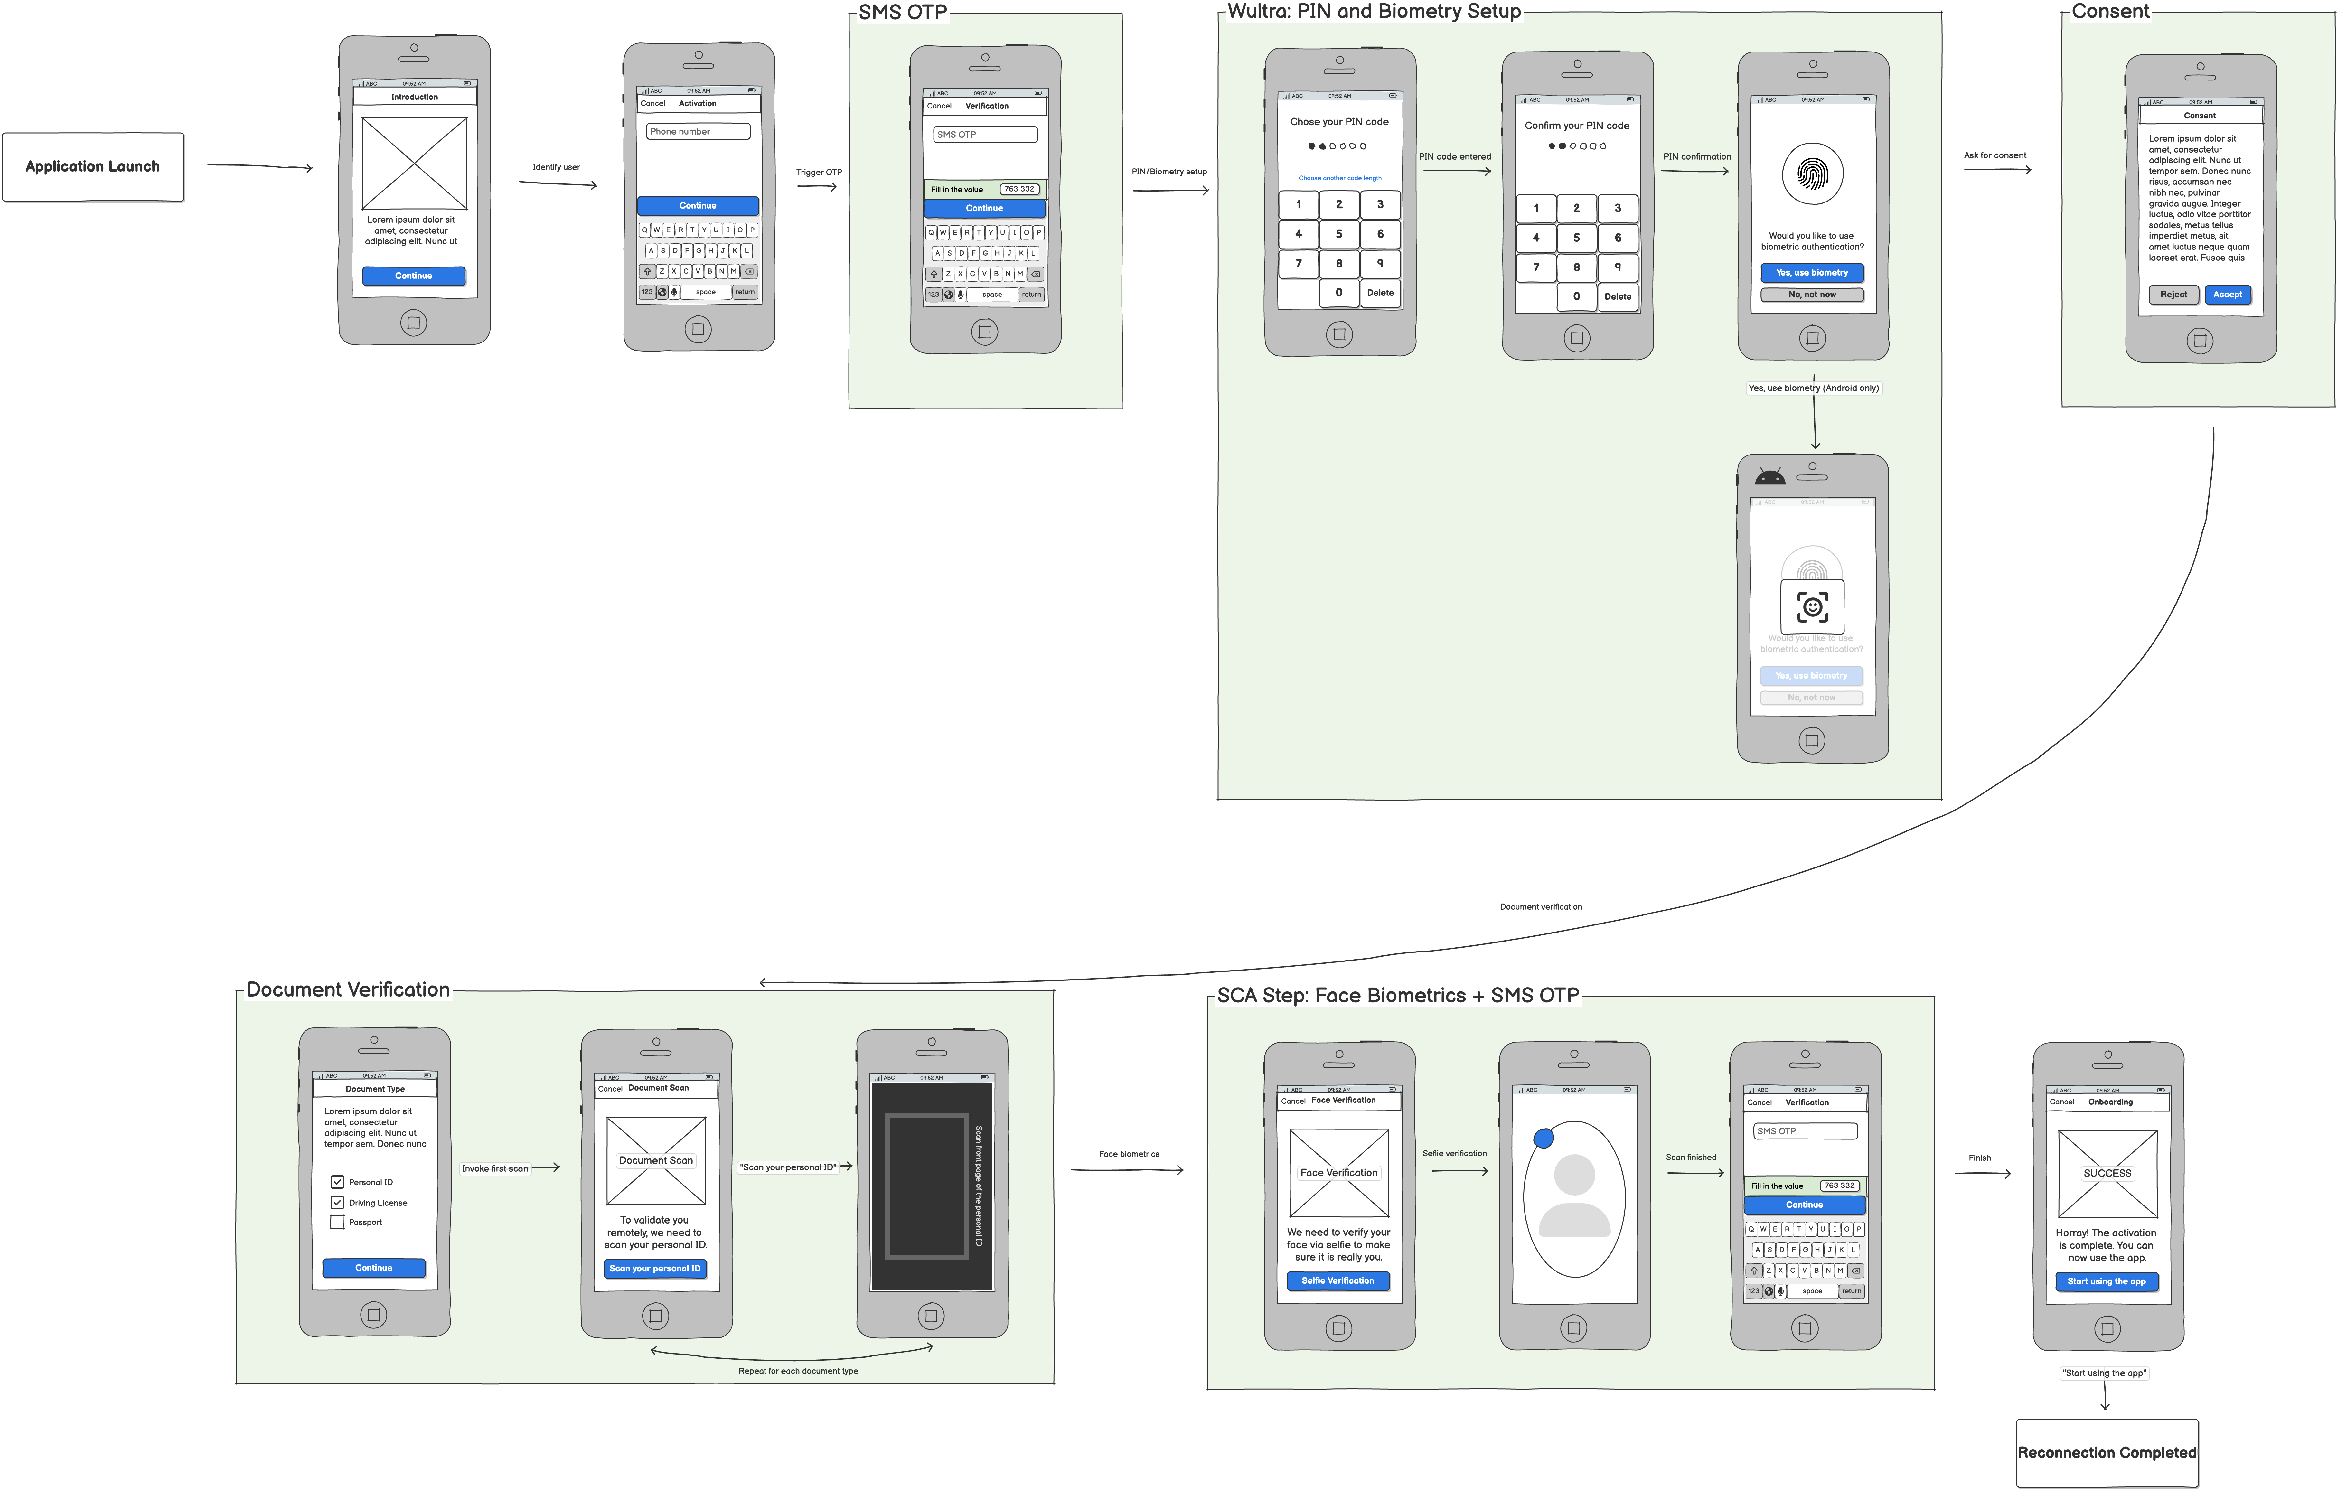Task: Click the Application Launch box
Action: pos(93,167)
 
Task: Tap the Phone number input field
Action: pos(698,131)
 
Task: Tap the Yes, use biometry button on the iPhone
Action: pos(1812,273)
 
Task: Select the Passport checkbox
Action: pos(338,1222)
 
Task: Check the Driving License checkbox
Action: pos(338,1203)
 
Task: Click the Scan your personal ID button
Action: pos(655,1269)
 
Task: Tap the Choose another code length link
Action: pos(1339,179)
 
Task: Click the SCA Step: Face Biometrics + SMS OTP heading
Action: pos(1398,996)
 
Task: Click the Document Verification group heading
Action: pos(347,990)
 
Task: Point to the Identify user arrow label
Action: pos(556,167)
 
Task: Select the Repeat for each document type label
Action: pos(798,1372)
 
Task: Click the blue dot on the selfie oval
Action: pos(1543,1138)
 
